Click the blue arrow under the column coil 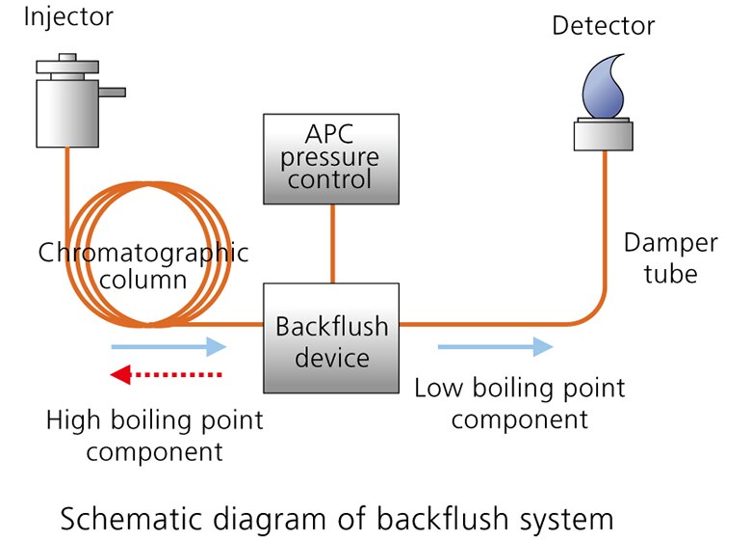pos(168,346)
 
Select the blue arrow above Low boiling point pos(495,346)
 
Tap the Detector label pos(603,24)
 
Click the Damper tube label pos(670,257)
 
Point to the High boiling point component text pos(154,435)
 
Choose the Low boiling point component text pos(519,403)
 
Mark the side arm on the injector pos(113,93)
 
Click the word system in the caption pos(569,518)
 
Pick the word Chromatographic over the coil pos(142,253)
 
